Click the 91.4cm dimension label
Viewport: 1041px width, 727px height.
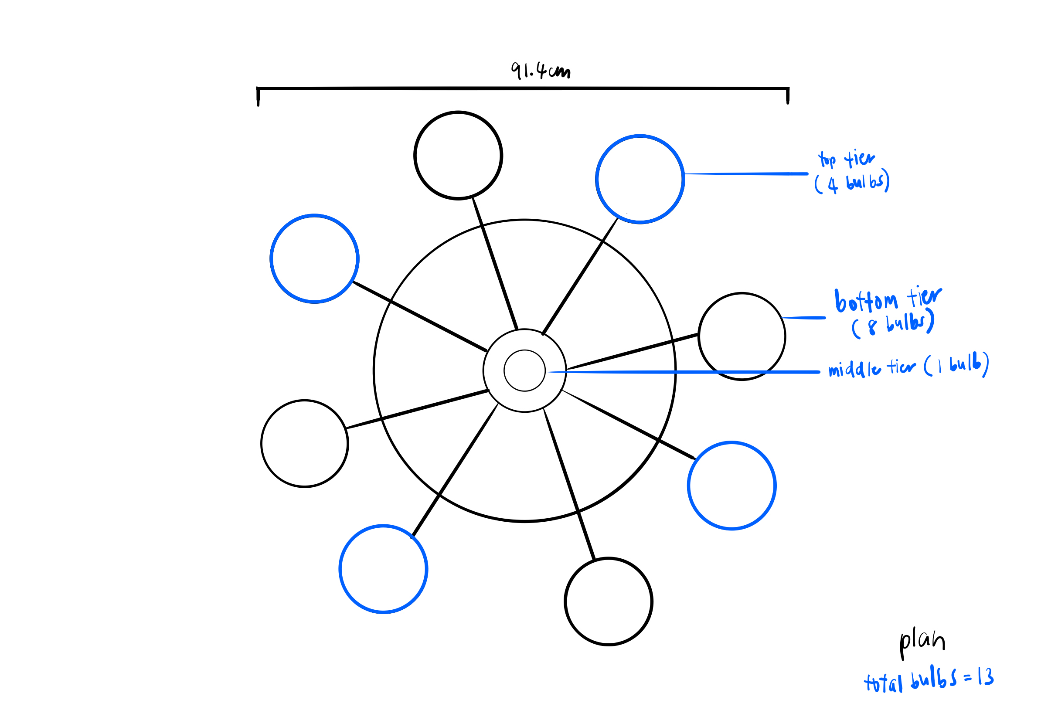540,71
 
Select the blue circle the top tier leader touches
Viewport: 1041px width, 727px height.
640,179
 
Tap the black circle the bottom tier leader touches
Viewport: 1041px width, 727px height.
742,336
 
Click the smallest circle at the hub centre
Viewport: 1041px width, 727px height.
524,370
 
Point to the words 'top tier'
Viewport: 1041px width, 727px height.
846,159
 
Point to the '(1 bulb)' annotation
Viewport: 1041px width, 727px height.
956,365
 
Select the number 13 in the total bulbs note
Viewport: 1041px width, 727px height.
986,677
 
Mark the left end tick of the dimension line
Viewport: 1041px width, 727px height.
258,96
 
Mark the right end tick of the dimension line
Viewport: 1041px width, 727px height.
788,95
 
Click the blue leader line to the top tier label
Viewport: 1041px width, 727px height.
746,173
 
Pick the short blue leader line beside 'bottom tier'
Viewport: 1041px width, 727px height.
803,318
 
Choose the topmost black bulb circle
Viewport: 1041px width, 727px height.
458,155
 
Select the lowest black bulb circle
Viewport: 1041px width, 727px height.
609,601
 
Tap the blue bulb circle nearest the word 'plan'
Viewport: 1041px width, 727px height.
732,486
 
